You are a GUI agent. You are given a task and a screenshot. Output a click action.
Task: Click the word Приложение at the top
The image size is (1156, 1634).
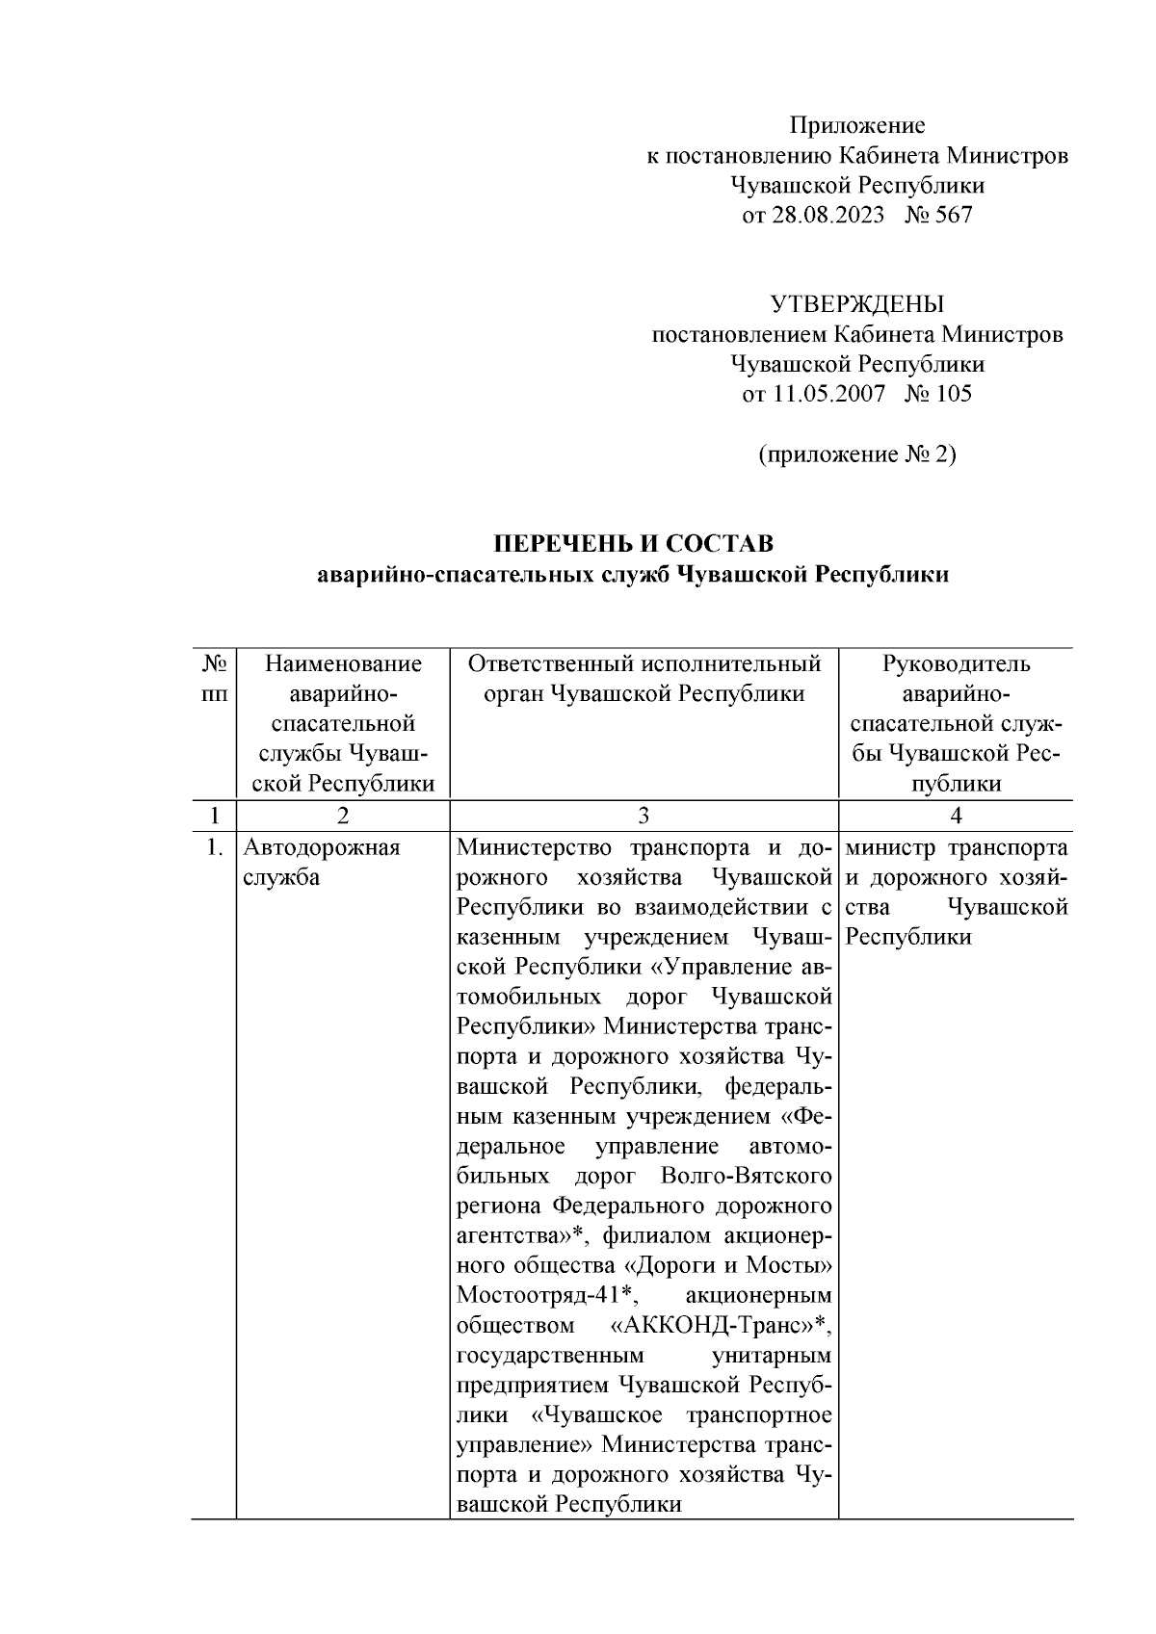[856, 125]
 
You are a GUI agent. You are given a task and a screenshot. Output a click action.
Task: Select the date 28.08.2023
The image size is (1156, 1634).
[826, 215]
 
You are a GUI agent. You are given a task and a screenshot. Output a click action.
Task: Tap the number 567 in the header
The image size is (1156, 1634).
[953, 215]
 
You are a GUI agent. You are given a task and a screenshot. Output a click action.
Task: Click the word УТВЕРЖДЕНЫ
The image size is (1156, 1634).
[856, 305]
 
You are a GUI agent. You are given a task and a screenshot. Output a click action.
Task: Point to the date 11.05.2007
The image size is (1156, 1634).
[826, 394]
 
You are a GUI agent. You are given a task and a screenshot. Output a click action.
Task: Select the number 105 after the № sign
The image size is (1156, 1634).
[953, 394]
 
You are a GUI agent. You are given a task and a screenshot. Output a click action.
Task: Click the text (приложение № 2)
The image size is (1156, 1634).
[856, 454]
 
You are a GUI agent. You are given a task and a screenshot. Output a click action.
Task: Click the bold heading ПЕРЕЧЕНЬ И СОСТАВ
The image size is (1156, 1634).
[633, 544]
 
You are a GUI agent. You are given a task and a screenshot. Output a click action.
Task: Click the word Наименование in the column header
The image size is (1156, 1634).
[343, 664]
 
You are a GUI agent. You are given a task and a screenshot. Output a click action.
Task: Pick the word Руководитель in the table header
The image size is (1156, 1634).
[955, 664]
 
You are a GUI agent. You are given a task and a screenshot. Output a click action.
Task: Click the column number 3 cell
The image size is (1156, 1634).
[643, 816]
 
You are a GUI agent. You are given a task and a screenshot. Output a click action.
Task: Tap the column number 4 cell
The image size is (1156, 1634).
[955, 816]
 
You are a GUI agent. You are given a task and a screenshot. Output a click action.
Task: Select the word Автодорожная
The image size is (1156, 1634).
[321, 848]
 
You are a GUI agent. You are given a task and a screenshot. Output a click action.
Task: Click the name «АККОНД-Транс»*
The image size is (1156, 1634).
[722, 1327]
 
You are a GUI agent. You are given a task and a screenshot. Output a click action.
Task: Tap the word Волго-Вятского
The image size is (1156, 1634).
[746, 1177]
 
